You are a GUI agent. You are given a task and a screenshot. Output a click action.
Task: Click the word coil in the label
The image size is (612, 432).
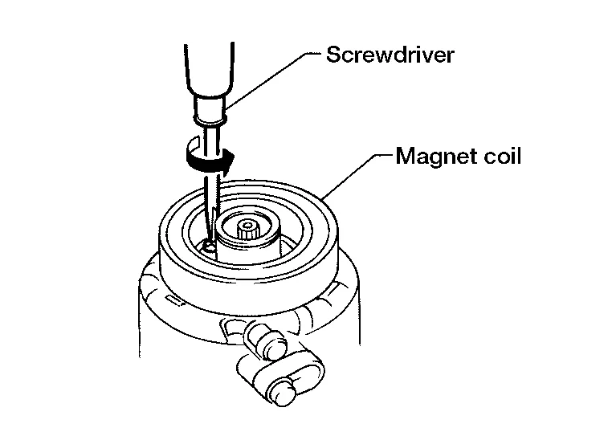[x=500, y=155]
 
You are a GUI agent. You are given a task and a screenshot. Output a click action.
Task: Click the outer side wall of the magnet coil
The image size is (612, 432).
[x=241, y=277]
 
